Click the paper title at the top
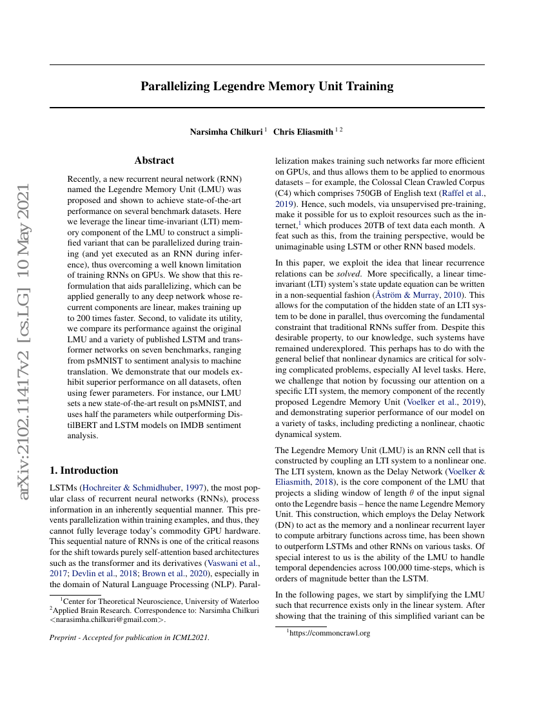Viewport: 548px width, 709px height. pos(267,86)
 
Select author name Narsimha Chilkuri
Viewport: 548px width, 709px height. pos(226,131)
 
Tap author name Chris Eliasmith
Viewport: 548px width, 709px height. pos(304,131)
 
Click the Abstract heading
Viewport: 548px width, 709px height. pos(154,160)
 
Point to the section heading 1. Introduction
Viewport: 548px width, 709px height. pos(84,470)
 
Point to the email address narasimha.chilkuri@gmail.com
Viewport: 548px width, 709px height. pos(107,620)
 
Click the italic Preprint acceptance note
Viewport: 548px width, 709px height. pos(129,637)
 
